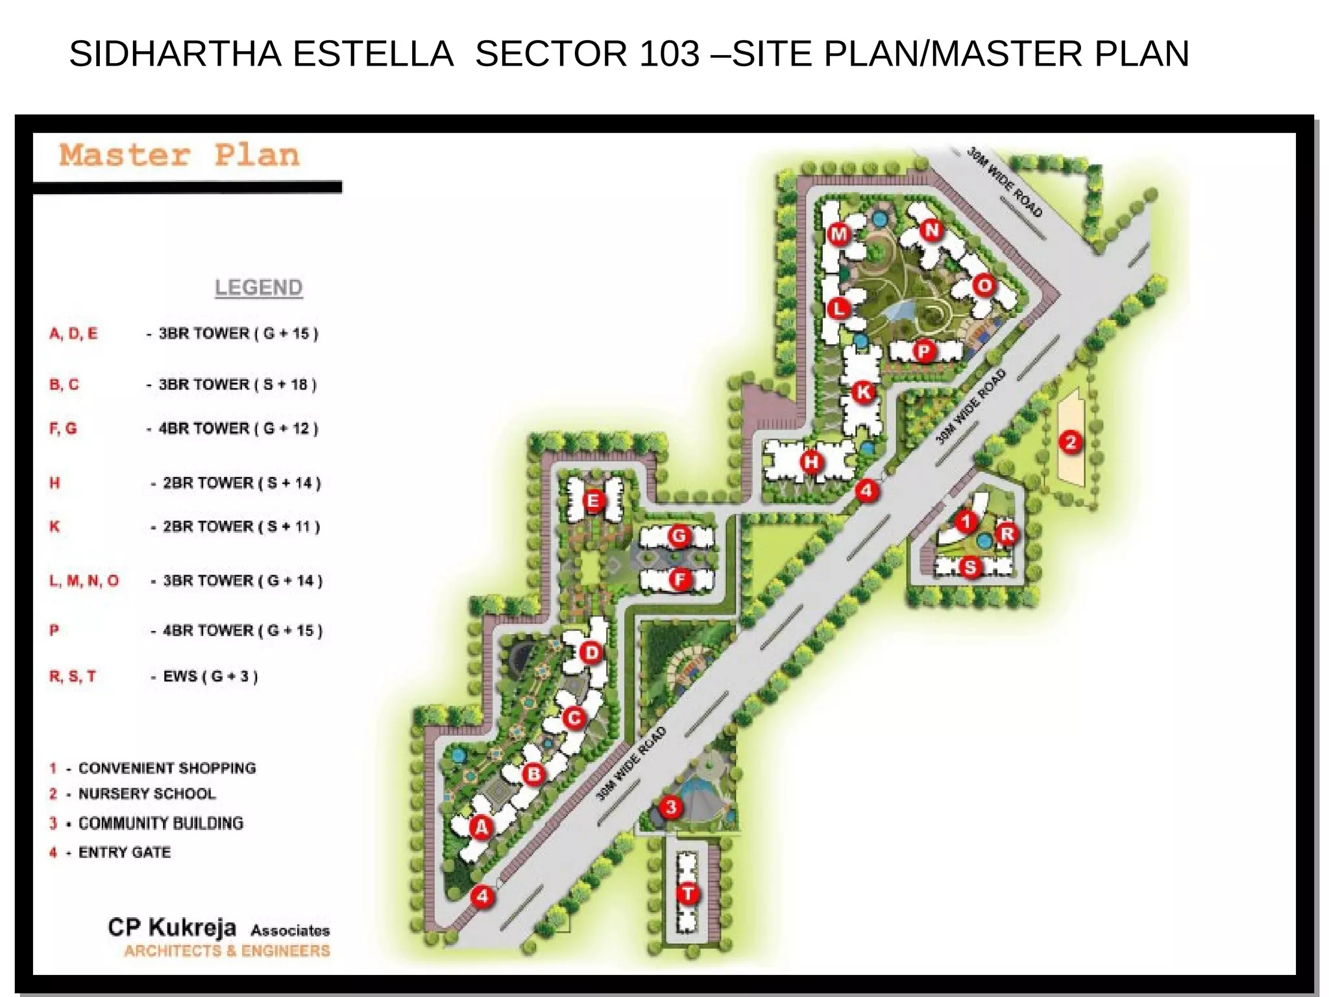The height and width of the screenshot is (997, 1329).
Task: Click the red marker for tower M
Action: click(839, 234)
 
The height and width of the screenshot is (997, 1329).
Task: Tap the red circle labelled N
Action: click(933, 230)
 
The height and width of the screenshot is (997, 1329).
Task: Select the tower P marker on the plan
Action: click(923, 351)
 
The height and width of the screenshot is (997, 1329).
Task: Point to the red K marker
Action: click(864, 392)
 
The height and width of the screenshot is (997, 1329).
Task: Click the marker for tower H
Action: click(811, 462)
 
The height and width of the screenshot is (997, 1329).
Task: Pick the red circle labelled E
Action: click(592, 500)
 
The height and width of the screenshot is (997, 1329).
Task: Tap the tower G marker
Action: click(679, 536)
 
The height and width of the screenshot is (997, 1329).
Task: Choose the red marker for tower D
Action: click(591, 652)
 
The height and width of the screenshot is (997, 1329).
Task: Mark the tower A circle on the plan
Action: click(481, 827)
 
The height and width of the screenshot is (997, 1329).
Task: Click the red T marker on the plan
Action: click(688, 894)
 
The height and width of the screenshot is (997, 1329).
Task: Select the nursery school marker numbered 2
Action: click(1071, 443)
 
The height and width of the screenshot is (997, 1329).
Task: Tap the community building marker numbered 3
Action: click(671, 807)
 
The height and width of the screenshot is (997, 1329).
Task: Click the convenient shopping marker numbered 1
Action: click(966, 521)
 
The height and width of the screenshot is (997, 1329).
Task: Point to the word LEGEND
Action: click(258, 287)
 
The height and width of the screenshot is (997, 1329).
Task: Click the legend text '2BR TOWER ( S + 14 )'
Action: click(241, 483)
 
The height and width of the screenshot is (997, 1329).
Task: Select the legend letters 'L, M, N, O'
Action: click(84, 580)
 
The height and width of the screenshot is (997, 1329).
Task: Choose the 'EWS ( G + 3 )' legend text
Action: click(210, 676)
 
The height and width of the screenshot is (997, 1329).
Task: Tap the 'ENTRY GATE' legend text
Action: click(125, 852)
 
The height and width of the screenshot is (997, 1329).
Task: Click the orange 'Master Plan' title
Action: click(180, 155)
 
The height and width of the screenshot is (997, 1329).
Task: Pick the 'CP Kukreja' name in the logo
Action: click(172, 927)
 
